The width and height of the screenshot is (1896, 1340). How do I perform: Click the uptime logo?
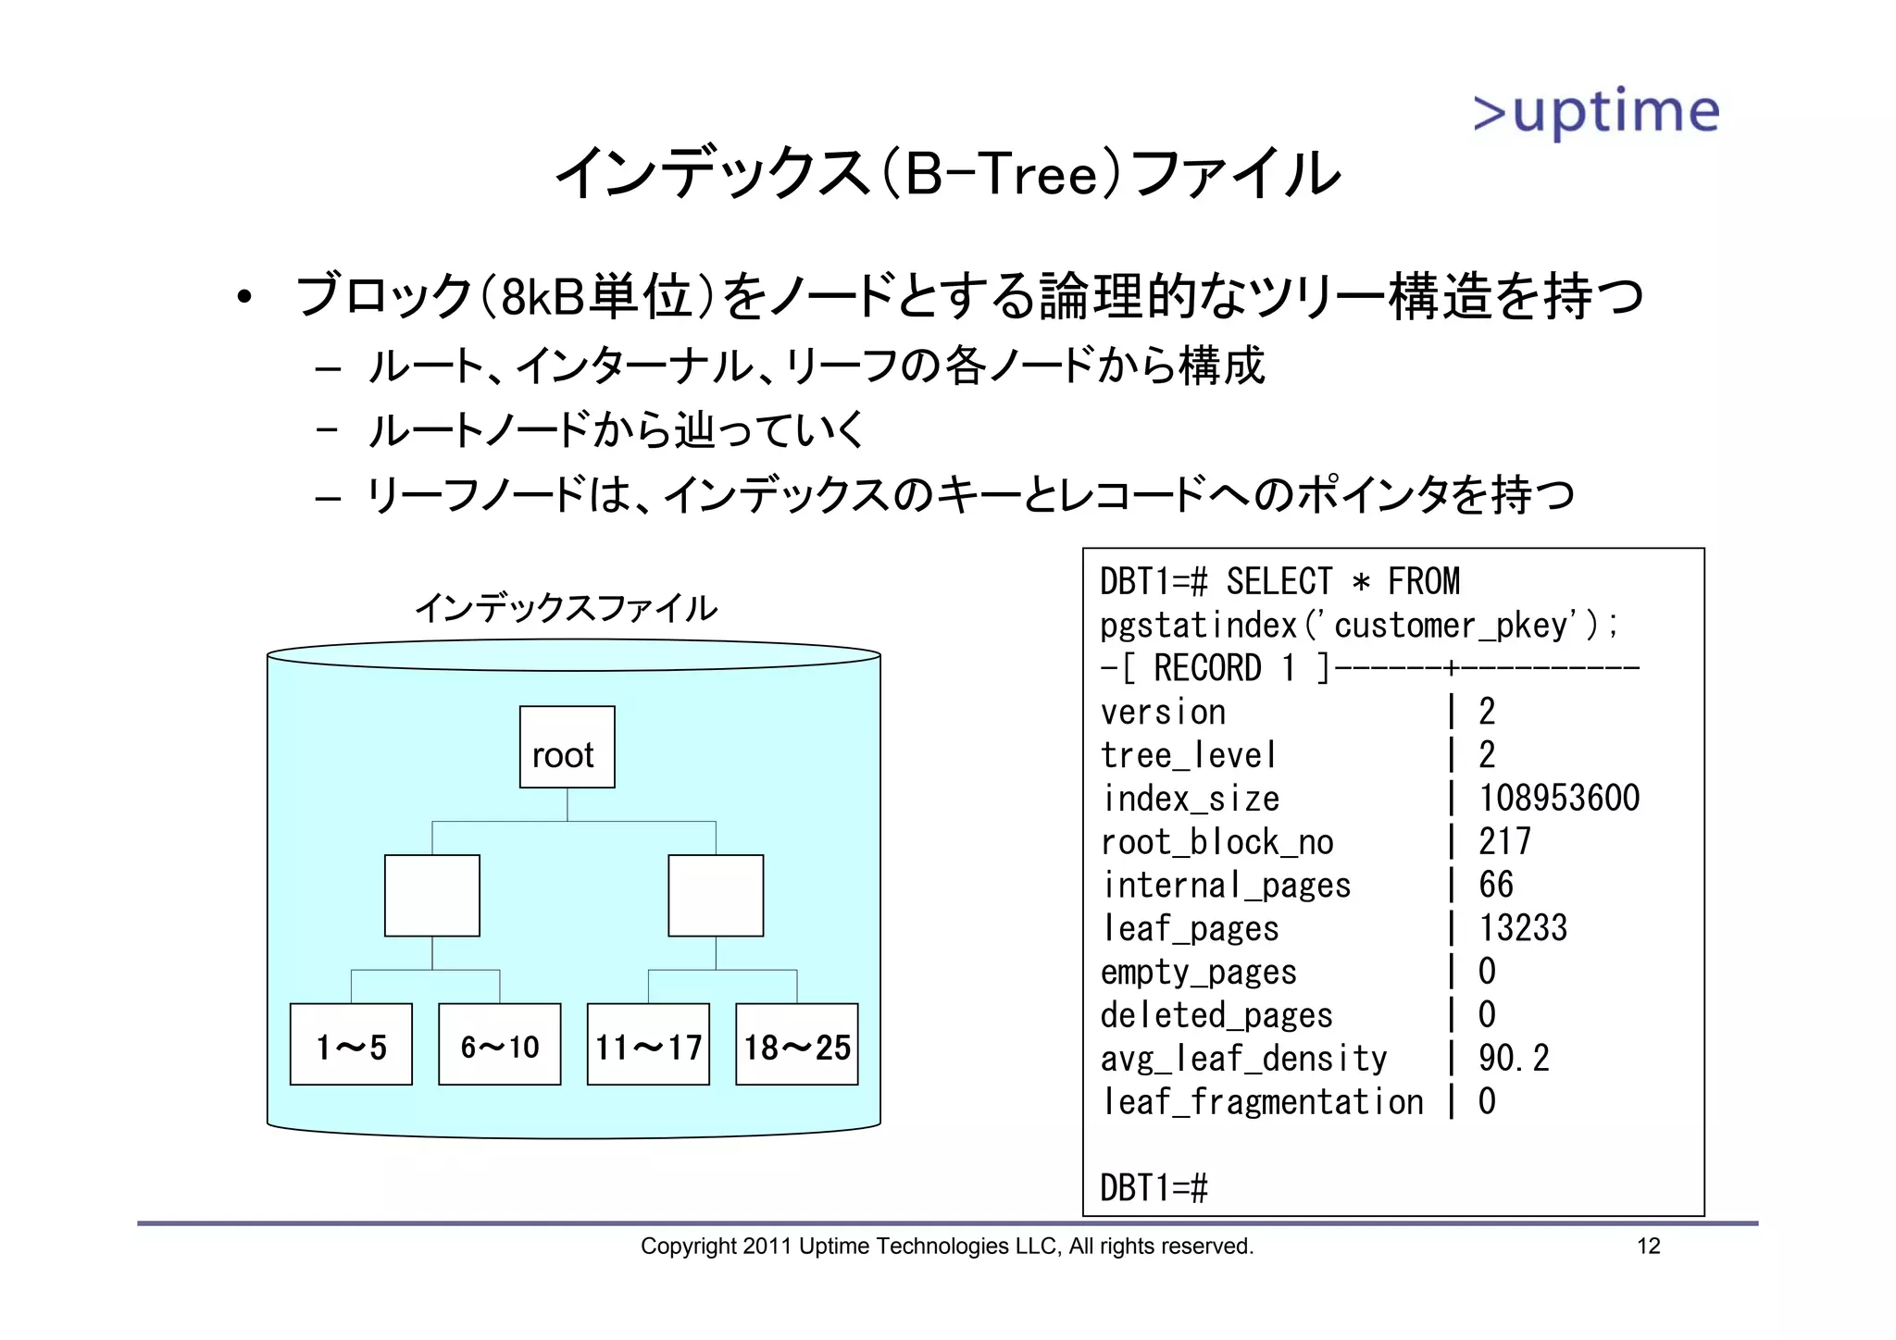point(1596,113)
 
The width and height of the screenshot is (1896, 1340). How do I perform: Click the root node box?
point(567,747)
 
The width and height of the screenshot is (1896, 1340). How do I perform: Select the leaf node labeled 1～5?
point(351,1044)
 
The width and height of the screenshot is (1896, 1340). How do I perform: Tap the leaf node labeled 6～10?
point(499,1044)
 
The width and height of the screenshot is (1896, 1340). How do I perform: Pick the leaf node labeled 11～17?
point(648,1044)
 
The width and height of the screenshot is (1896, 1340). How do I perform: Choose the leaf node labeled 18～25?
point(796,1044)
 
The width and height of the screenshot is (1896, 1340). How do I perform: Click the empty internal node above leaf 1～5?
point(432,895)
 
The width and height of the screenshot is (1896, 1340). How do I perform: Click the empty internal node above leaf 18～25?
point(716,895)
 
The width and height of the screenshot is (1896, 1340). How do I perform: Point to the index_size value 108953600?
point(1558,798)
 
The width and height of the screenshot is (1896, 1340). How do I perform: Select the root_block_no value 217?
point(1504,841)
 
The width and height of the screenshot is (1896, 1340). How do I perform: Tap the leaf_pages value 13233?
point(1522,927)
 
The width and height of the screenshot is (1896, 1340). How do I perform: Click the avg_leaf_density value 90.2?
point(1513,1058)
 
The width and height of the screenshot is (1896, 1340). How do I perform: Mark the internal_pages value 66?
point(1495,885)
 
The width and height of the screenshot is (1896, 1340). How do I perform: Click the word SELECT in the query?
point(1279,582)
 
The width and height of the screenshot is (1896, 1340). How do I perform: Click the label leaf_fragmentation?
point(1262,1101)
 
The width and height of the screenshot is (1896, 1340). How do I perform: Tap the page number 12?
point(1648,1246)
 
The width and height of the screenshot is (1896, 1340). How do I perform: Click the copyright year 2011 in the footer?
point(767,1247)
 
